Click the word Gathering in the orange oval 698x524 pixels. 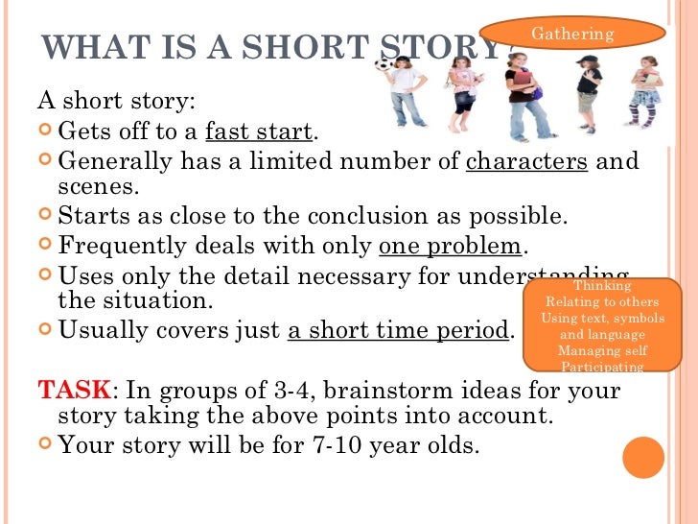[572, 34]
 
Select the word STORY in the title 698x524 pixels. [437, 47]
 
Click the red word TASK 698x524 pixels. [73, 393]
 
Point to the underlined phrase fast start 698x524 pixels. [259, 131]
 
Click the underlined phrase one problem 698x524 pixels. [450, 247]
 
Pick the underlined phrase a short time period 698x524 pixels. [397, 332]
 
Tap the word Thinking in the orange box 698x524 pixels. [601, 286]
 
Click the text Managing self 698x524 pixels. [601, 351]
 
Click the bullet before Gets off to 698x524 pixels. [46, 131]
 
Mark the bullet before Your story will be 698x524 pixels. [46, 444]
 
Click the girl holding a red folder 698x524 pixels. [523, 91]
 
